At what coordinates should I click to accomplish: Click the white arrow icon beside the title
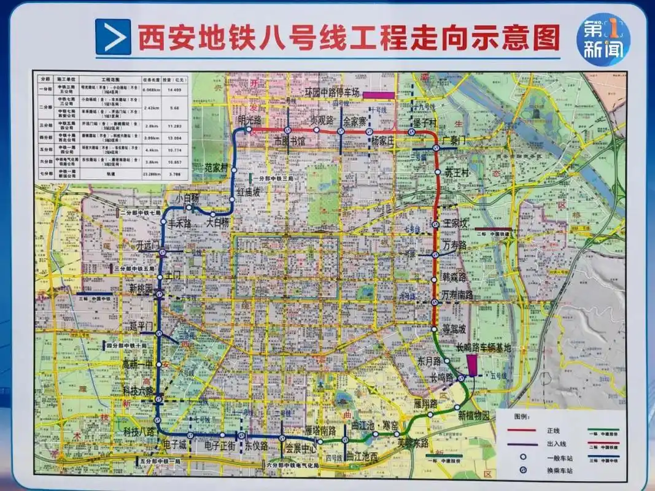tap(113, 37)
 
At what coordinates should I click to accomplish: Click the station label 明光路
tap(250, 119)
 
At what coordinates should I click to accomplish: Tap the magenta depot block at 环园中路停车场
tap(378, 95)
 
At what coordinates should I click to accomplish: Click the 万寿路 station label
tap(455, 245)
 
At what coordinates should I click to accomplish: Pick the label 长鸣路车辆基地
tap(483, 347)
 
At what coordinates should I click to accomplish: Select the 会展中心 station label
tap(301, 449)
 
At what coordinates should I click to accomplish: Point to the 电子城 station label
tap(174, 444)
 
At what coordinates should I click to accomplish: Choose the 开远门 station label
tap(148, 245)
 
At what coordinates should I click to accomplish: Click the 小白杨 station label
tap(187, 198)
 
